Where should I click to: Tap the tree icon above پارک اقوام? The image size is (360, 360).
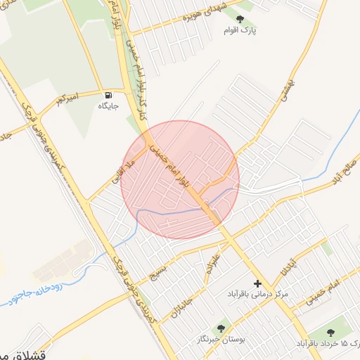(240, 19)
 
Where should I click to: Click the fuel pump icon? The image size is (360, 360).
(108, 95)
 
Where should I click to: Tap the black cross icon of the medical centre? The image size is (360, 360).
(257, 283)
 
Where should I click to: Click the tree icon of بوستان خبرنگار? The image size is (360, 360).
(221, 327)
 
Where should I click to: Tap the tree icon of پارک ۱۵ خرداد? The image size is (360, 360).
(331, 332)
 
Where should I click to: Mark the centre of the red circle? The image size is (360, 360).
(180, 180)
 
